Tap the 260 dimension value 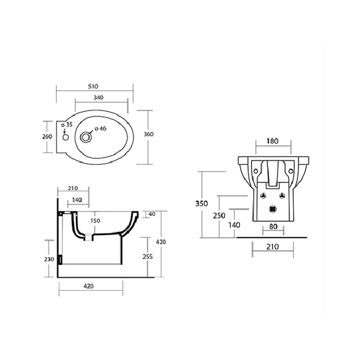48,136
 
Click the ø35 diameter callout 67,125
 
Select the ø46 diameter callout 100,129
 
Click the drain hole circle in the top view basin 85,136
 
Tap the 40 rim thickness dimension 151,214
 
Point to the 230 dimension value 49,259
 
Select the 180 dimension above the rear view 272,141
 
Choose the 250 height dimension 219,216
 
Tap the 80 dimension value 273,227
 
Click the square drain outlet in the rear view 272,208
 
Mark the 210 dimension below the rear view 272,247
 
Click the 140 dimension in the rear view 234,225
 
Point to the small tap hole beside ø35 66,137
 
